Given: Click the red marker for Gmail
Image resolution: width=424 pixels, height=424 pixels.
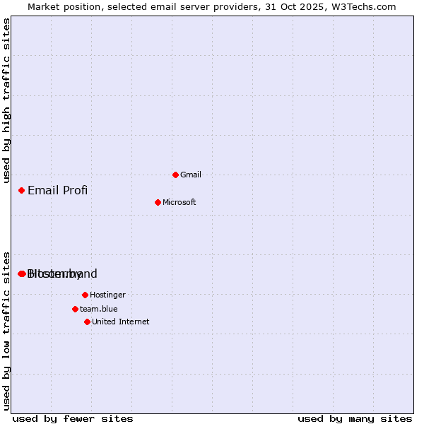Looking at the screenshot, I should pyautogui.click(x=175, y=175).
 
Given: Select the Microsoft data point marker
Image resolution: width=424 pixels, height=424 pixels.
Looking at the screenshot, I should pyautogui.click(x=158, y=202).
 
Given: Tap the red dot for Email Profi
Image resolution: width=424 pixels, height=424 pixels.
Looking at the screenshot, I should pyautogui.click(x=22, y=190).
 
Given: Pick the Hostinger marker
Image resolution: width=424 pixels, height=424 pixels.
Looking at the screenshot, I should pyautogui.click(x=85, y=295).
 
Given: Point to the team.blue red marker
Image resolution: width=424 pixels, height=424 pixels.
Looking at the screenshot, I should pyautogui.click(x=75, y=309).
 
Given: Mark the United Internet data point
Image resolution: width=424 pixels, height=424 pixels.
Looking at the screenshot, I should pyautogui.click(x=87, y=322).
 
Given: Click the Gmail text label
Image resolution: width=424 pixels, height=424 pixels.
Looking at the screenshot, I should pyautogui.click(x=191, y=175).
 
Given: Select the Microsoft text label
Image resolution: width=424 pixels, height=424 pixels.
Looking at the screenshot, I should pyautogui.click(x=179, y=202).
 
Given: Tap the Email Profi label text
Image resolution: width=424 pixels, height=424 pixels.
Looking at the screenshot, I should pyautogui.click(x=58, y=190).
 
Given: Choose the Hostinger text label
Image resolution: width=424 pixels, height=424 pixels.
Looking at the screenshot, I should pyautogui.click(x=107, y=295).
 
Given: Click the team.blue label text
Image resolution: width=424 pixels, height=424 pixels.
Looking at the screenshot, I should pyautogui.click(x=99, y=309).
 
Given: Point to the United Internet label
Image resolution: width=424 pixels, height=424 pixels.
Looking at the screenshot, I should pyautogui.click(x=121, y=322).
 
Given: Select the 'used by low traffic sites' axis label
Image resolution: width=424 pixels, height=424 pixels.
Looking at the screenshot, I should pyautogui.click(x=7, y=330).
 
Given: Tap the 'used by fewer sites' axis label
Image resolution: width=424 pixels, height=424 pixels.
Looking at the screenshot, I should pyautogui.click(x=73, y=419).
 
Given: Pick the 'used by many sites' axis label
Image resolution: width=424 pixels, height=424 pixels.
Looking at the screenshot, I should pyautogui.click(x=355, y=419).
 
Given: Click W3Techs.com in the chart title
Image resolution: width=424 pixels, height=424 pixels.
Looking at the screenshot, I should pyautogui.click(x=364, y=6).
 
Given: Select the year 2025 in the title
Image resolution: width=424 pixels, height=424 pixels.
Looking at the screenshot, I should pyautogui.click(x=314, y=6).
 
